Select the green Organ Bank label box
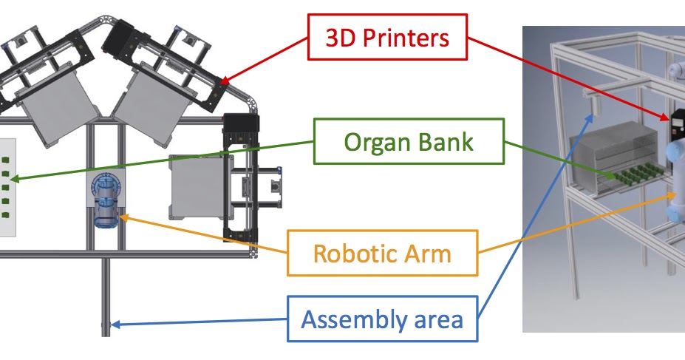(409, 142)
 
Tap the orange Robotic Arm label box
(382, 253)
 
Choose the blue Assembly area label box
(382, 319)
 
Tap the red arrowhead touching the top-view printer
(224, 82)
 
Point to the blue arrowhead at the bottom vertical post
(113, 324)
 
